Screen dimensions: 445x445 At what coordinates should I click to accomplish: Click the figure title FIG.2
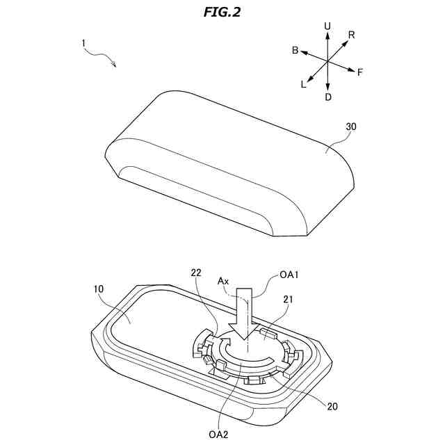click(x=222, y=12)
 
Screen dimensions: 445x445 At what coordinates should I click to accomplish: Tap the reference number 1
click(x=83, y=43)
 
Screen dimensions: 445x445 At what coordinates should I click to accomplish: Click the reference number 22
click(x=196, y=273)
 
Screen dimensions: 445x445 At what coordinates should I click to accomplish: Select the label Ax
click(x=223, y=281)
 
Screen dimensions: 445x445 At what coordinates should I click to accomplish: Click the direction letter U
click(x=327, y=26)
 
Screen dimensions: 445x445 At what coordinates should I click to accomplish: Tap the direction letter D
click(x=327, y=97)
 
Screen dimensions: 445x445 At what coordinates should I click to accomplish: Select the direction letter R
click(x=352, y=35)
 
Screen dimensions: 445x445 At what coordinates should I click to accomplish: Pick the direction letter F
click(x=359, y=72)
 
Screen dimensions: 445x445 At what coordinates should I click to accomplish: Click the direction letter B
click(x=295, y=51)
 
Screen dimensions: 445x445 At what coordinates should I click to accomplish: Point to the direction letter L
click(x=303, y=85)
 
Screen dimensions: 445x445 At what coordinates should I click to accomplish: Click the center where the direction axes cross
click(x=327, y=62)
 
